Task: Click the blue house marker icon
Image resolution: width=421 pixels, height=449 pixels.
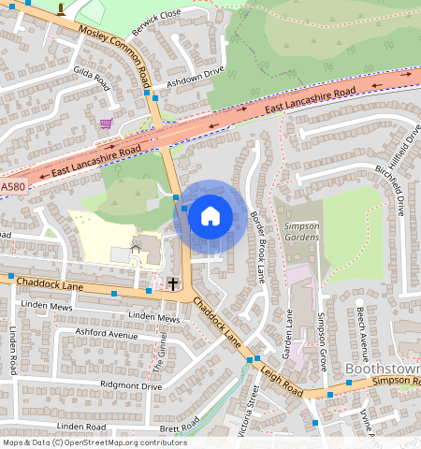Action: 210,216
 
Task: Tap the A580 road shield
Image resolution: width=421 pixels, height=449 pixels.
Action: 13,187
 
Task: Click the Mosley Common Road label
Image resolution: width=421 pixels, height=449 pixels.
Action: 114,51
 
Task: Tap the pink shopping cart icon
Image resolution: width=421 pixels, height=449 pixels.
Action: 106,123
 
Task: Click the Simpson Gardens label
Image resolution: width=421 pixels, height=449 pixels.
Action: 302,231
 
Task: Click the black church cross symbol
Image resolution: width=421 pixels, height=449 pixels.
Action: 172,282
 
